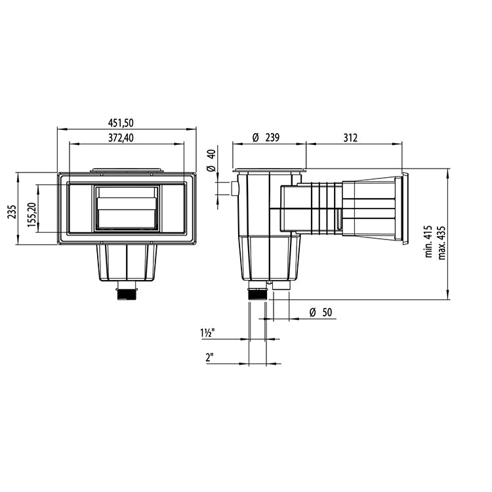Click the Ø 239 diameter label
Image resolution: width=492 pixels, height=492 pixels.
266,137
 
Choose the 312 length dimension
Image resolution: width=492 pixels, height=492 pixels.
350,137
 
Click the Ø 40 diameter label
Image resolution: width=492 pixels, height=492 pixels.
211,161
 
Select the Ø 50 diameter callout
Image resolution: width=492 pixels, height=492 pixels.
321,312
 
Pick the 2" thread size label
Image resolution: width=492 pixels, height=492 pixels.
210,357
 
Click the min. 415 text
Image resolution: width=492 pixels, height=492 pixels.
428,241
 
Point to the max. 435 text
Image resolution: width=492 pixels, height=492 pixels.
441,241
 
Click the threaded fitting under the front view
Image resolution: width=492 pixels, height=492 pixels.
127,291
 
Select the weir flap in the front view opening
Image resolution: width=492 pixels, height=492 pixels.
127,213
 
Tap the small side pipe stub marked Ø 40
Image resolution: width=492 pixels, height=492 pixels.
234,189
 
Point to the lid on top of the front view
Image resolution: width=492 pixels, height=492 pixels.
127,171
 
